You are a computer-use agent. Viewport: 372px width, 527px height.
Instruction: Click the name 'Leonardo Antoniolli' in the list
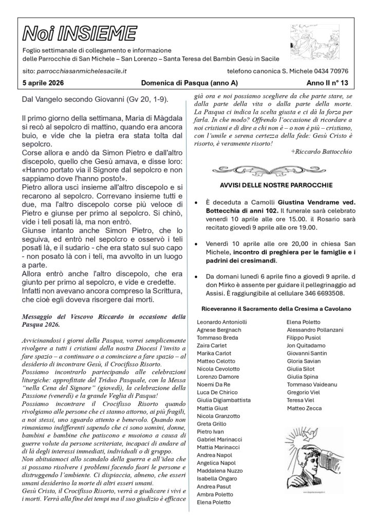222,322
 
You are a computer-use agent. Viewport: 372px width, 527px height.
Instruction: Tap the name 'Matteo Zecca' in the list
304,408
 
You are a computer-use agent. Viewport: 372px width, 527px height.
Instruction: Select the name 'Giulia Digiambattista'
224,400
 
